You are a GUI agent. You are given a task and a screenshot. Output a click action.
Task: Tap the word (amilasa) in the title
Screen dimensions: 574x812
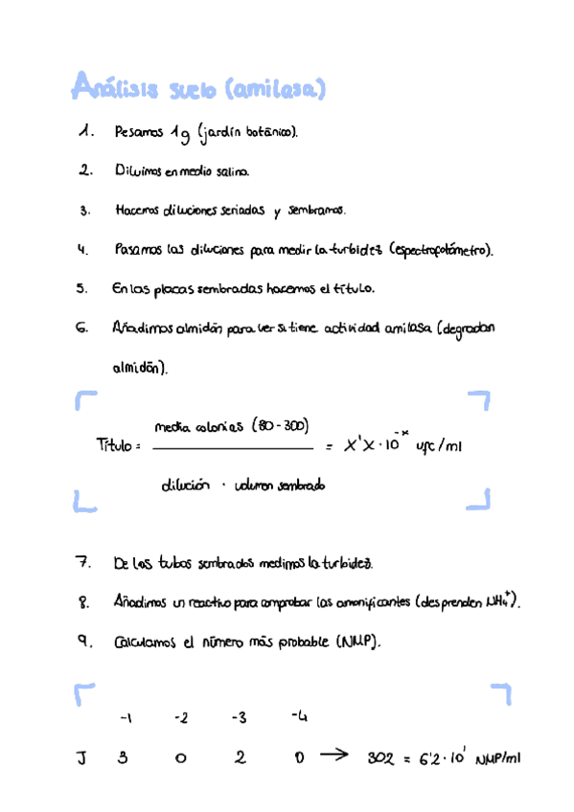[x=275, y=90]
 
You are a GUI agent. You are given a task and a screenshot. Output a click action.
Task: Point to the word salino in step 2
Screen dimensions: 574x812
[x=228, y=173]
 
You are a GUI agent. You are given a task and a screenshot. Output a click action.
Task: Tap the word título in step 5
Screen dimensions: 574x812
[x=355, y=287]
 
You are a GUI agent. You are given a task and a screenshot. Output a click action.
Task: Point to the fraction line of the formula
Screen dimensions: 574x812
[x=233, y=447]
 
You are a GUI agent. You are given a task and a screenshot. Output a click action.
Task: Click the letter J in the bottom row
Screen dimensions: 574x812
[x=82, y=758]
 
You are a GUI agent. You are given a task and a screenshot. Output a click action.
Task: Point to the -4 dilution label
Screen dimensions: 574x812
[x=299, y=716]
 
